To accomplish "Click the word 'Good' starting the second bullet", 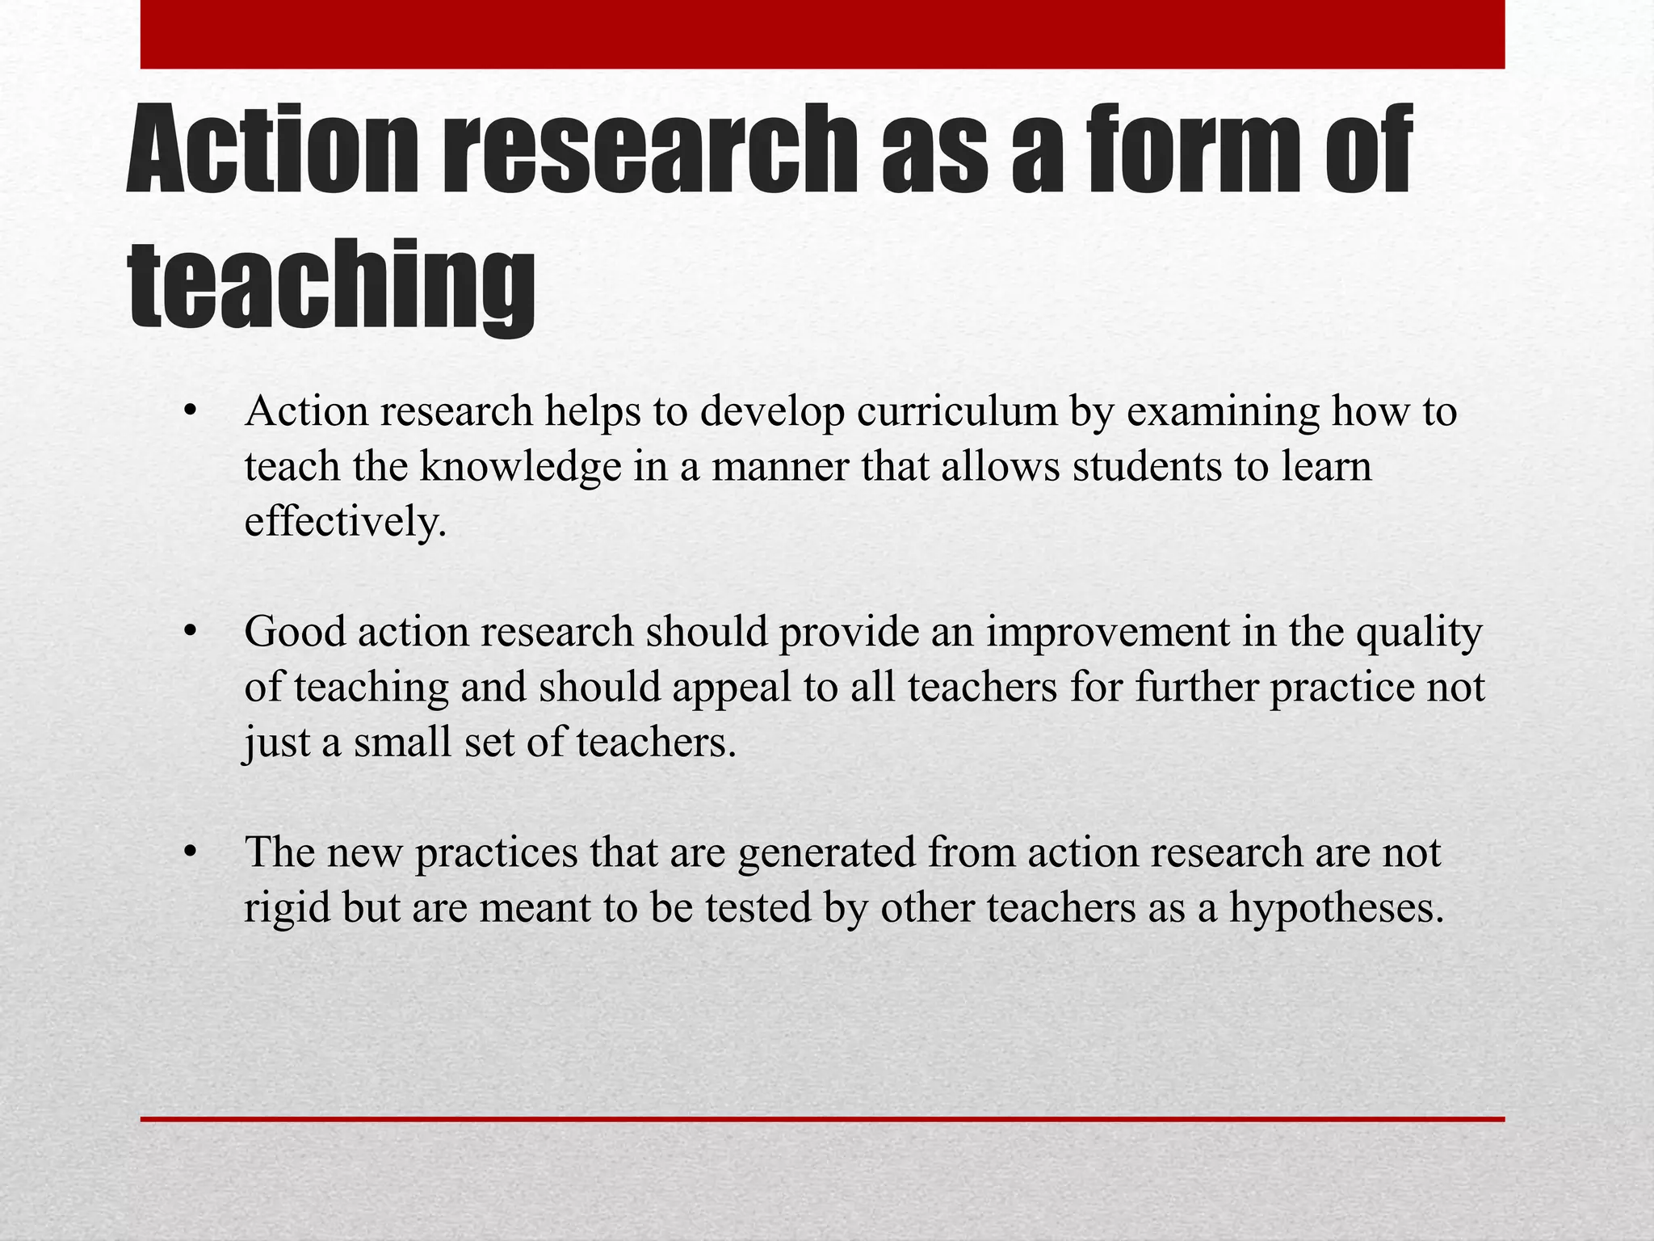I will (x=295, y=632).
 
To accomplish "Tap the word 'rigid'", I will (x=288, y=909).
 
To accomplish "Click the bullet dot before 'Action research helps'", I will (x=191, y=412).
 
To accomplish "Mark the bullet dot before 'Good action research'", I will (x=191, y=632).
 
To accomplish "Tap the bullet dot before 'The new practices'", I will (x=191, y=853).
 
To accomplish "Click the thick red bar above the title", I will (x=822, y=34).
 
